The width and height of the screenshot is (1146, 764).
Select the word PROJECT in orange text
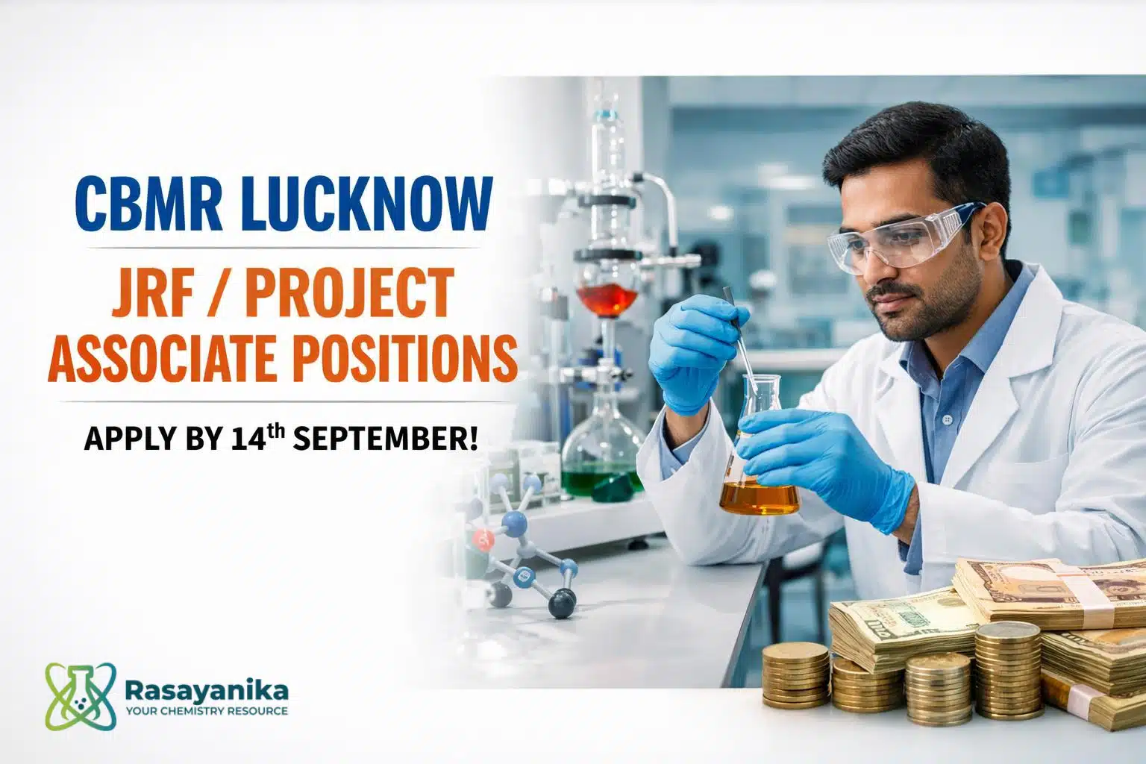pyautogui.click(x=349, y=292)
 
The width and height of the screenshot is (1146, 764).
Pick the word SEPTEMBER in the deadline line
pyautogui.click(x=386, y=439)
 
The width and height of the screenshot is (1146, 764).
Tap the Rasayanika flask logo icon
pyautogui.click(x=81, y=695)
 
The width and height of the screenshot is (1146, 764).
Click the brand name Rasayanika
pyautogui.click(x=207, y=691)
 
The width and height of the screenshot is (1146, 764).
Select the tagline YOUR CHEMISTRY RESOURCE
pyautogui.click(x=207, y=711)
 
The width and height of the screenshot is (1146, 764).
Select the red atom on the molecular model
pyautogui.click(x=483, y=539)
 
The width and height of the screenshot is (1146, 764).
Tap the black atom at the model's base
pyautogui.click(x=563, y=604)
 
